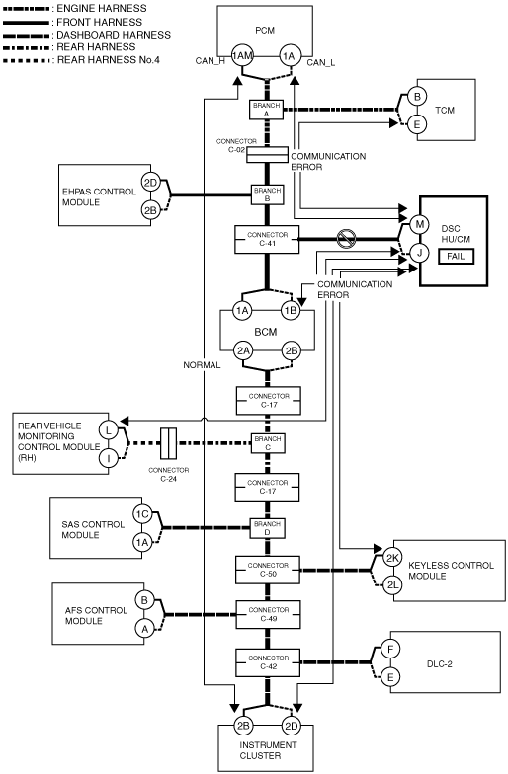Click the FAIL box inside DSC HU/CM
(455, 257)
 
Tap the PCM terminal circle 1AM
(242, 55)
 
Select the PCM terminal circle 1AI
(290, 55)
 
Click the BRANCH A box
(266, 110)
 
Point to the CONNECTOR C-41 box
(267, 239)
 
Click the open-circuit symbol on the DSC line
(346, 239)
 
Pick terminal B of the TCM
(417, 97)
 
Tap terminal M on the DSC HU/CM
(419, 225)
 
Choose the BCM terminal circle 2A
(243, 351)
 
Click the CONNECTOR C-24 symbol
(169, 443)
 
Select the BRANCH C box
(267, 443)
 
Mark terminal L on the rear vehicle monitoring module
(109, 430)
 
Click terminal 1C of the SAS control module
(142, 514)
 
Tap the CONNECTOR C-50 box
(267, 570)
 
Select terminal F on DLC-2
(390, 649)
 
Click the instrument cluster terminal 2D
(291, 725)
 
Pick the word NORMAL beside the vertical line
(202, 365)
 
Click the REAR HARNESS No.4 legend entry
(81, 60)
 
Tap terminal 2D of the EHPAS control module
(150, 182)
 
